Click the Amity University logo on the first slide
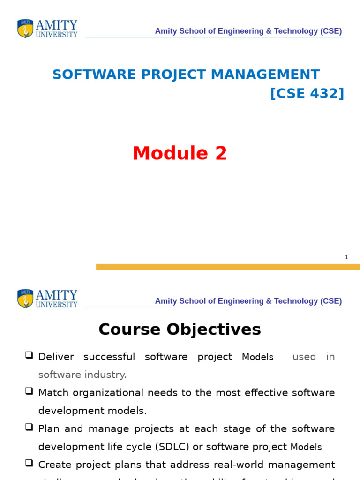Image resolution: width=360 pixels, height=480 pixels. [x=47, y=29]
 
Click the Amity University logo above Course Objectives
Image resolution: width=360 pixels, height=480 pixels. [x=47, y=299]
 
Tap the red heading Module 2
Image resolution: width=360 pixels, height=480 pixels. [x=180, y=153]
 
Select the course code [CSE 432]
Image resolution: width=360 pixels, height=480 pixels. [x=307, y=93]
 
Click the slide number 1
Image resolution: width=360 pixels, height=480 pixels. [x=346, y=257]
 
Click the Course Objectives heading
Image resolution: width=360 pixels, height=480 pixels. [x=180, y=330]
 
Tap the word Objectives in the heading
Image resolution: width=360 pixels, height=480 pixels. [x=213, y=330]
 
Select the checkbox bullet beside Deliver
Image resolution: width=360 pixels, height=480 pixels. [x=29, y=355]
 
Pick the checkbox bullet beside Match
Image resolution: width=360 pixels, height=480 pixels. [x=29, y=391]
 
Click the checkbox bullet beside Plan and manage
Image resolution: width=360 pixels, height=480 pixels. [x=29, y=427]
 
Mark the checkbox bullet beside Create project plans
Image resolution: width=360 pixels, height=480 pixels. [x=29, y=463]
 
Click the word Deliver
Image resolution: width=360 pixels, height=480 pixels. [x=56, y=357]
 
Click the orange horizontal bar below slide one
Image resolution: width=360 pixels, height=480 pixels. [x=228, y=267]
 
